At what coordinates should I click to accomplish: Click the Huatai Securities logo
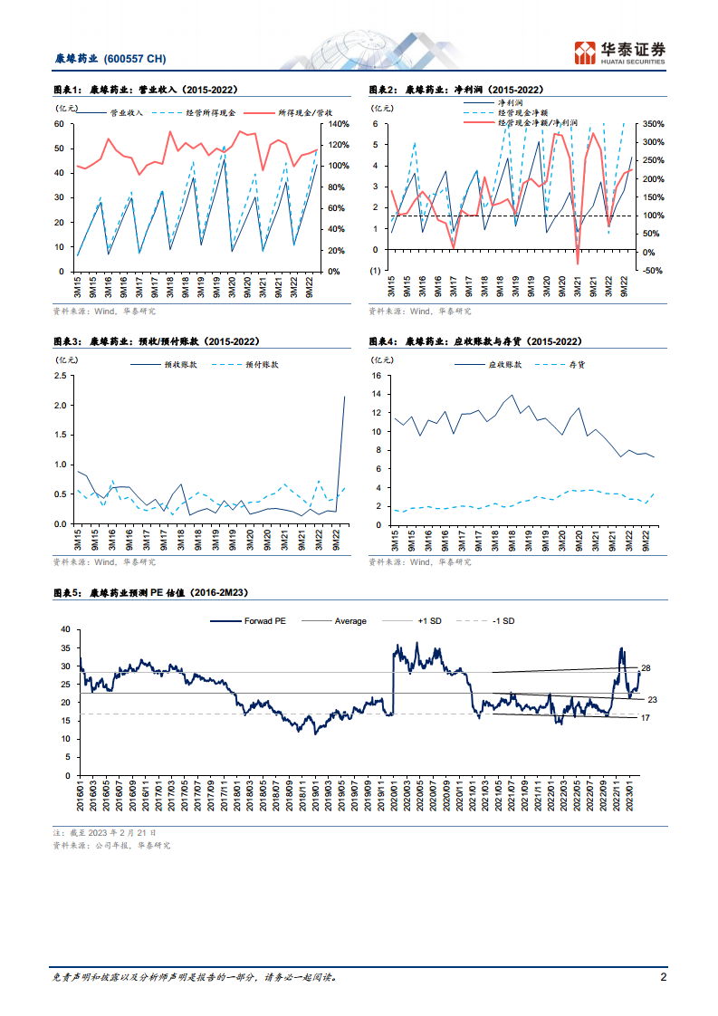click(621, 52)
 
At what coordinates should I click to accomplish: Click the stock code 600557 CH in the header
click(135, 59)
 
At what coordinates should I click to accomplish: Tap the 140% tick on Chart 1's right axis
click(339, 124)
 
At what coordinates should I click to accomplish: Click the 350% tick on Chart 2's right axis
click(653, 124)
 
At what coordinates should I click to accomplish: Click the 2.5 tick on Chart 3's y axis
click(60, 376)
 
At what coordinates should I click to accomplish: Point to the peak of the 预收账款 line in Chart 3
click(345, 396)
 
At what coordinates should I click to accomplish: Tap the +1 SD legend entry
click(429, 621)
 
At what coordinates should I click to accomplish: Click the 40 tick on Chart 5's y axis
click(64, 628)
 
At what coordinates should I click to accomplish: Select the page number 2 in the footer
click(664, 978)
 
